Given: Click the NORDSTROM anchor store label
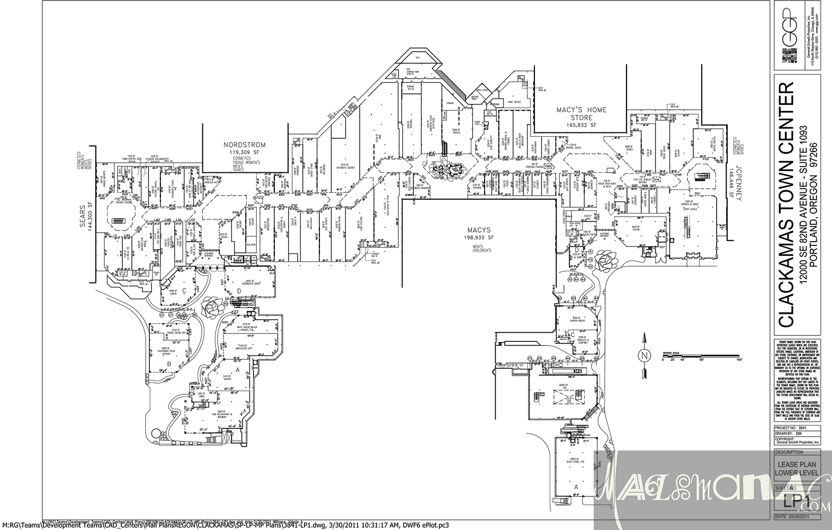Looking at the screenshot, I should (244, 145).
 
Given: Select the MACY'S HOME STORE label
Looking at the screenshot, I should (581, 113).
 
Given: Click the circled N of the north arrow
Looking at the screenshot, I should (644, 356).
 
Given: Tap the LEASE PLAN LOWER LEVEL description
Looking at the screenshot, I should (797, 469).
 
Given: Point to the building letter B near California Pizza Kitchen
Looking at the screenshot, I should (168, 364).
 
